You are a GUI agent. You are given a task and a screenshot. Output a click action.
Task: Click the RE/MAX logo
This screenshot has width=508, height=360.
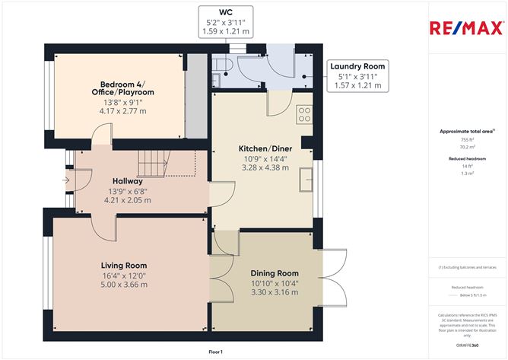(x=466, y=29)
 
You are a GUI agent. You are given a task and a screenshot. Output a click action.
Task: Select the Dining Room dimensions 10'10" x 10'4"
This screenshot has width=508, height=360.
(x=275, y=283)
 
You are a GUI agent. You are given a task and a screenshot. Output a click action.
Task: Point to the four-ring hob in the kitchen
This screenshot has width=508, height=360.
(x=303, y=113)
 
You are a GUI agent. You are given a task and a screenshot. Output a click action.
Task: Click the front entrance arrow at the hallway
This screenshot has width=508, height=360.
(x=67, y=181)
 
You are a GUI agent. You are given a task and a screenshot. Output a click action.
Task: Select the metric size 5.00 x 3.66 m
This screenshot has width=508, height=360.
(x=124, y=285)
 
